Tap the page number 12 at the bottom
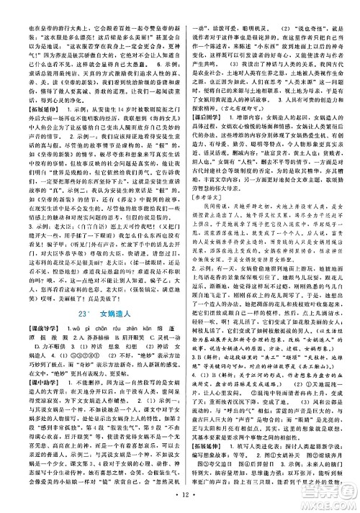179,499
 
